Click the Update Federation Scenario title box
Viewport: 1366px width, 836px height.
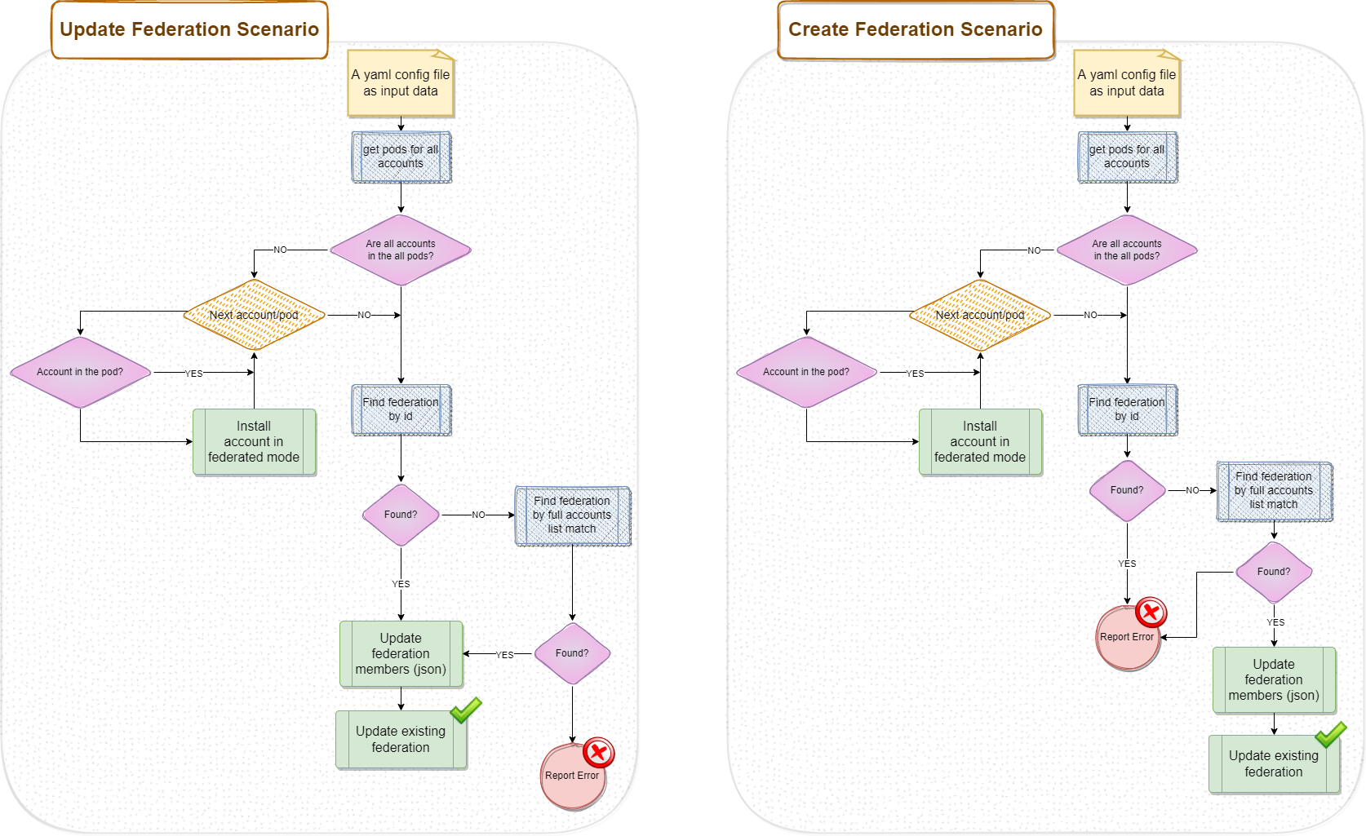tap(189, 30)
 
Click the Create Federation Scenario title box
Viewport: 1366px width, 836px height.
tap(916, 30)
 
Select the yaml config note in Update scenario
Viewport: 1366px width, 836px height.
tap(401, 83)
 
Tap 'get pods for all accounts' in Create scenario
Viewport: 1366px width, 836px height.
tap(1127, 157)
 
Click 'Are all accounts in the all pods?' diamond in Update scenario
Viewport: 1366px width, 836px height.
tap(401, 250)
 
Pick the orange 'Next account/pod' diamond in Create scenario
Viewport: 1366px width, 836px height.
tap(980, 315)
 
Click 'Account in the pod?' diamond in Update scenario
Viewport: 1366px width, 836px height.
tap(80, 372)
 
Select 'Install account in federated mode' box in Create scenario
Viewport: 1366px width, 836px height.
tap(980, 442)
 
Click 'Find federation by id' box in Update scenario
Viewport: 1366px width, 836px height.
tap(401, 409)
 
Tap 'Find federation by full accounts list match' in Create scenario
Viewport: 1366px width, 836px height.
tap(1274, 491)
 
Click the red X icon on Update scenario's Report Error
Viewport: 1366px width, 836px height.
tap(599, 753)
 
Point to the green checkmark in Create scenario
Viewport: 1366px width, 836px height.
tap(1331, 734)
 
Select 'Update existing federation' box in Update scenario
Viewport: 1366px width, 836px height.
tap(401, 740)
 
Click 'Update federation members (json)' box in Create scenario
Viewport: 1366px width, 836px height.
tap(1274, 680)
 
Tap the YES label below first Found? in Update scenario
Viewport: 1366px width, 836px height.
tap(401, 584)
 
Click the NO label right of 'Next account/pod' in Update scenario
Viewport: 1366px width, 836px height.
tap(364, 315)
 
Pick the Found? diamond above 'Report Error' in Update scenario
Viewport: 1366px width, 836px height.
tap(572, 653)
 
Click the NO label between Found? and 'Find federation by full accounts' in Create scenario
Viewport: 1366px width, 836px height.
tap(1192, 490)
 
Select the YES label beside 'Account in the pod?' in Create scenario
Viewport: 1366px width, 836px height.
tap(916, 374)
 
